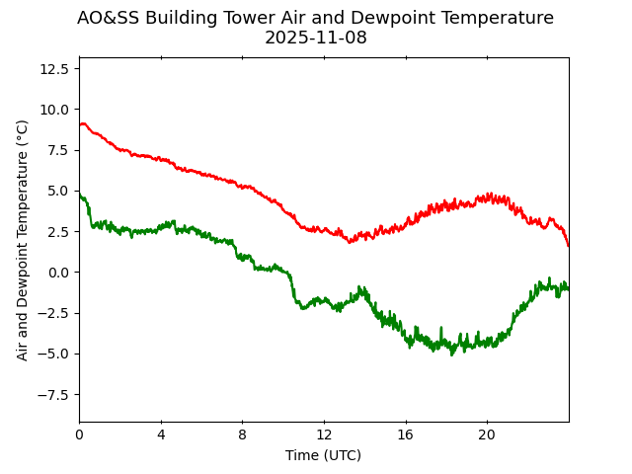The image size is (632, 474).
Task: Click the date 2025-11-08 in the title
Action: pyautogui.click(x=315, y=39)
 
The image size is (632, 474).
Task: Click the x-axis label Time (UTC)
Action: pyautogui.click(x=323, y=455)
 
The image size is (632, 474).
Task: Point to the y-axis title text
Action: pyautogui.click(x=23, y=239)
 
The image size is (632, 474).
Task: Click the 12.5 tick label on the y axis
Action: pyautogui.click(x=53, y=68)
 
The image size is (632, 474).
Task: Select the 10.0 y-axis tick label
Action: pyautogui.click(x=53, y=109)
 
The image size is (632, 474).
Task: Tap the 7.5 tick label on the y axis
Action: pyautogui.click(x=57, y=150)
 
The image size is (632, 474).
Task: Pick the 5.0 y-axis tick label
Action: pyautogui.click(x=57, y=191)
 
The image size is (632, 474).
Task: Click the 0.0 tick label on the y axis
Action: pyautogui.click(x=57, y=273)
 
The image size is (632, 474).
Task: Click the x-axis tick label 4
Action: pyautogui.click(x=161, y=434)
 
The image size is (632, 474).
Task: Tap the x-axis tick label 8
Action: pyautogui.click(x=242, y=434)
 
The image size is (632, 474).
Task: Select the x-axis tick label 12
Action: pyautogui.click(x=324, y=434)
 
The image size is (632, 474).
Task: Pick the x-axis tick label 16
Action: pyautogui.click(x=405, y=434)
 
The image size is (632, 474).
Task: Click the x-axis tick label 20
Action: pyautogui.click(x=487, y=434)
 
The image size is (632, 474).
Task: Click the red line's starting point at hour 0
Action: pyautogui.click(x=80, y=124)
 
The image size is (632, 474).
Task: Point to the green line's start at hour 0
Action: pyautogui.click(x=80, y=195)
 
